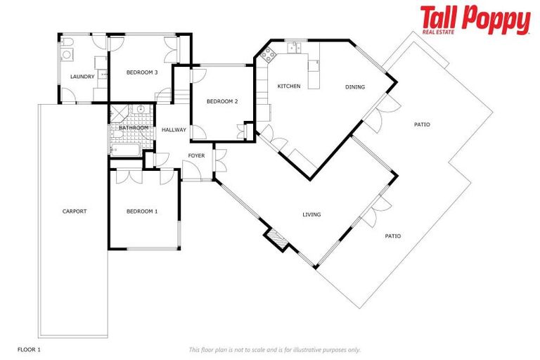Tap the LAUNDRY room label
[x=82, y=76]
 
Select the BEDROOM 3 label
[x=141, y=72]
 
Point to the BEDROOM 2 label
[x=221, y=101]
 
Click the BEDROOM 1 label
[x=141, y=211]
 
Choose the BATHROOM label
[x=133, y=128]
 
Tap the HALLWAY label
[x=174, y=130]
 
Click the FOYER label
[x=195, y=155]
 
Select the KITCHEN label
[x=289, y=86]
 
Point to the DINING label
[x=355, y=87]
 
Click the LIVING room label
[x=311, y=214]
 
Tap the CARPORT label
[x=75, y=211]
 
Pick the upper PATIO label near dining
[x=422, y=124]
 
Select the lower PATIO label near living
[x=392, y=236]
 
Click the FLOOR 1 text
[x=29, y=349]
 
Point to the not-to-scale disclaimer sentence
[x=274, y=349]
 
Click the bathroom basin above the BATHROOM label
[x=141, y=110]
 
